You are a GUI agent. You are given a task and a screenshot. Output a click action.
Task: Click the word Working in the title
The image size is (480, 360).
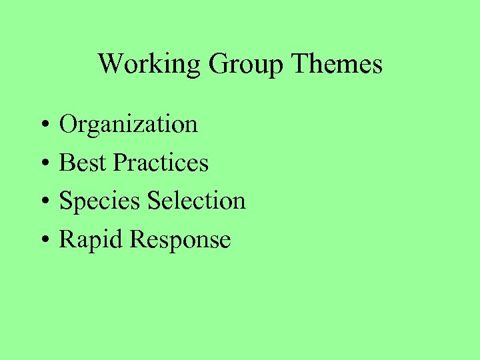(149, 65)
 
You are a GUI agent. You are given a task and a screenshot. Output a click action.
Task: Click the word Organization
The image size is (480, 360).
(129, 125)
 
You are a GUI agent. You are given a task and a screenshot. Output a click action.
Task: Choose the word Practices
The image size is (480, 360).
(161, 163)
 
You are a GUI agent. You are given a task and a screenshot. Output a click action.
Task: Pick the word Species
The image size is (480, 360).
(100, 201)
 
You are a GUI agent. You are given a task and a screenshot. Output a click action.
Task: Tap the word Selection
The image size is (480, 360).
(197, 201)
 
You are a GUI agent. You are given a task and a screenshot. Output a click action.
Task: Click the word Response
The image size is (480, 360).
(180, 240)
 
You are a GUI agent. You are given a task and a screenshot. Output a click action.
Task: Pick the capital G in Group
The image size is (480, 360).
(217, 64)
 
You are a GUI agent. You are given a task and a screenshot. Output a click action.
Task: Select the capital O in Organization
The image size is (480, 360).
(69, 124)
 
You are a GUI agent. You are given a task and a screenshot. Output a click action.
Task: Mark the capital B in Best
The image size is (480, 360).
(67, 163)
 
